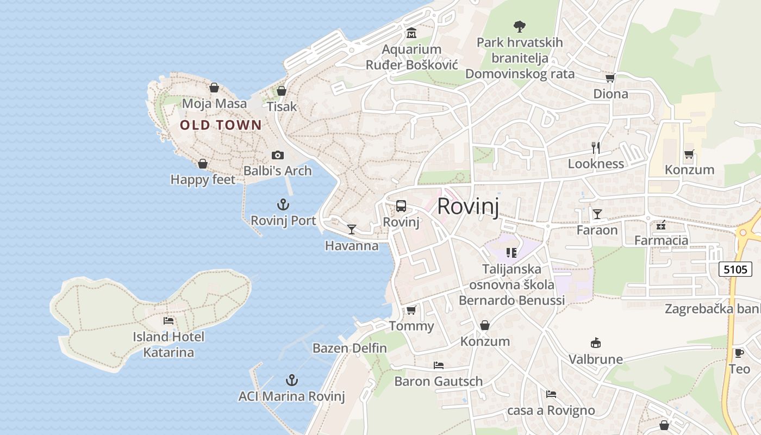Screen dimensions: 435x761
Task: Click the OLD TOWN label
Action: click(x=221, y=125)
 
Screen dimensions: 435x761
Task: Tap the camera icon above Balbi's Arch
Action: click(x=278, y=156)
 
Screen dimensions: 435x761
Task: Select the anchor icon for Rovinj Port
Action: click(x=283, y=205)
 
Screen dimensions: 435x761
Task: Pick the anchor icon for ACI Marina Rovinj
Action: click(x=292, y=380)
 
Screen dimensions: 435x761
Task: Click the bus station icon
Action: click(x=401, y=206)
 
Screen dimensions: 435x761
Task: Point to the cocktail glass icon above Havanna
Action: click(x=352, y=229)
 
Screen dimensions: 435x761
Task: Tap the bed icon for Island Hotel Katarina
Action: click(x=169, y=321)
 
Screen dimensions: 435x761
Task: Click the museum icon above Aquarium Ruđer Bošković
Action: click(x=411, y=34)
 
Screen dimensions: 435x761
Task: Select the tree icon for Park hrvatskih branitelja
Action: click(x=520, y=26)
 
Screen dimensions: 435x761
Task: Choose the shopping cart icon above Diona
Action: click(x=610, y=78)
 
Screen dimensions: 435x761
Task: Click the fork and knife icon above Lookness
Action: click(x=596, y=147)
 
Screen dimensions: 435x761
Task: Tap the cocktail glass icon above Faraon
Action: click(x=597, y=214)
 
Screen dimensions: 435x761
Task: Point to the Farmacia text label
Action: click(x=662, y=240)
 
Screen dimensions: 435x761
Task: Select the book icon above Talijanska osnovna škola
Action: click(x=512, y=252)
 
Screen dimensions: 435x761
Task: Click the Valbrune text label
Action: click(x=596, y=359)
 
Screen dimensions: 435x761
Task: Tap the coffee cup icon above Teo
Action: click(x=739, y=353)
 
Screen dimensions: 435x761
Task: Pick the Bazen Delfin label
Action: click(x=350, y=348)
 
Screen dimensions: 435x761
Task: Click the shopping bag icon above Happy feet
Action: click(x=203, y=164)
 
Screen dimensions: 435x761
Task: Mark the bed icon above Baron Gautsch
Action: click(x=439, y=365)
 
